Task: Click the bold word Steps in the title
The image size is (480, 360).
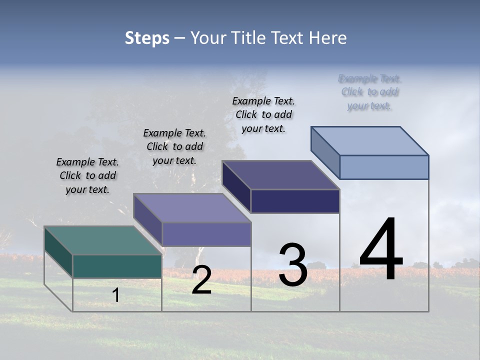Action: click(x=147, y=38)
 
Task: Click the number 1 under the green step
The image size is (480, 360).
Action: click(x=116, y=295)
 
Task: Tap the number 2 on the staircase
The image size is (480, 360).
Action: click(x=201, y=280)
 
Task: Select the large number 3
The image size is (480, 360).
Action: click(x=293, y=265)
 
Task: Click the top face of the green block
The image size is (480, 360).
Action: click(x=102, y=240)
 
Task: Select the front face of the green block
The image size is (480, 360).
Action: click(x=117, y=266)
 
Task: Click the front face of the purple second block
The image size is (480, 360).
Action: click(x=206, y=234)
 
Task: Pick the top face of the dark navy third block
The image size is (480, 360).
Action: click(x=280, y=175)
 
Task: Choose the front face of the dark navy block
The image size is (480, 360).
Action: click(x=295, y=201)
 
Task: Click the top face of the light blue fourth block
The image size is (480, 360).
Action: click(x=369, y=140)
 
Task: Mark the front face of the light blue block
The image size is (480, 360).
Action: click(x=384, y=167)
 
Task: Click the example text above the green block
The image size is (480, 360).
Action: click(x=87, y=175)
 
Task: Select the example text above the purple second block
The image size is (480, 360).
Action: click(x=174, y=146)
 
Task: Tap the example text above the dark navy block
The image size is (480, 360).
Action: click(x=263, y=114)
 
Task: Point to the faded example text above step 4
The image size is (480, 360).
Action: click(x=370, y=92)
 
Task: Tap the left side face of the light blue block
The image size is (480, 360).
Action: click(x=325, y=152)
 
